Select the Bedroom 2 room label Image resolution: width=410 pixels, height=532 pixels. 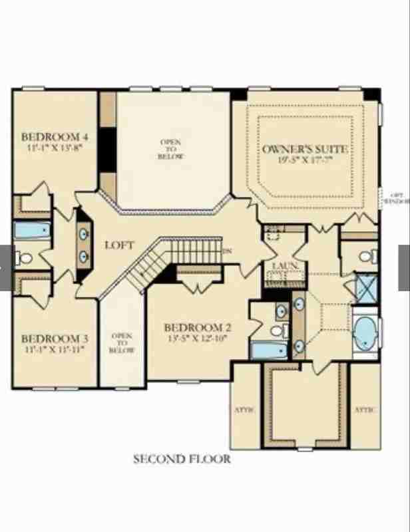pyautogui.click(x=198, y=327)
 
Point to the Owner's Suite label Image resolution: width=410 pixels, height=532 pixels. pyautogui.click(x=306, y=149)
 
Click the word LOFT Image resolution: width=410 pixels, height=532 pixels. pyautogui.click(x=120, y=245)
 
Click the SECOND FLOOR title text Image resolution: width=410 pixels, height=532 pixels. pyautogui.click(x=182, y=459)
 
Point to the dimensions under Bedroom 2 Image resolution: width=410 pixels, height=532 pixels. pyautogui.click(x=198, y=338)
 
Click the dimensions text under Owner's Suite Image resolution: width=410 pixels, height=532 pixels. pyautogui.click(x=306, y=160)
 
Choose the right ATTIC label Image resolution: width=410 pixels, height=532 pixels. pyautogui.click(x=365, y=410)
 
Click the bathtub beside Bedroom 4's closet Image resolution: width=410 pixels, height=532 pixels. pyautogui.click(x=33, y=231)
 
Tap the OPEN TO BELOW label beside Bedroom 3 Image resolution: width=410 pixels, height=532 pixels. pyautogui.click(x=122, y=343)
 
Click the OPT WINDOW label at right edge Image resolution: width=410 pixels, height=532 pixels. pyautogui.click(x=396, y=197)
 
